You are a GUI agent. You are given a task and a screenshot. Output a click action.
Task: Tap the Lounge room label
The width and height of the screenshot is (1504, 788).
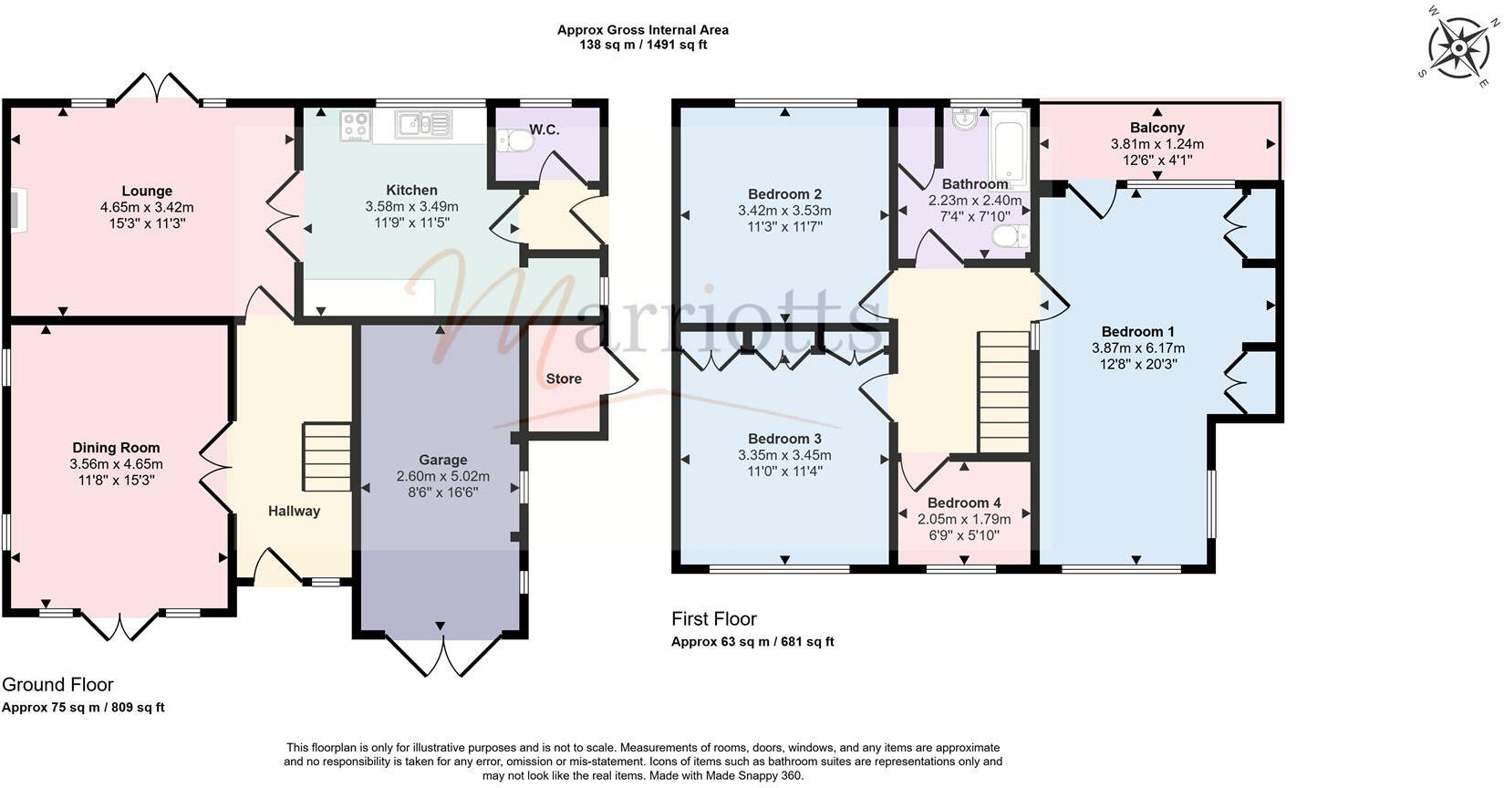tap(147, 192)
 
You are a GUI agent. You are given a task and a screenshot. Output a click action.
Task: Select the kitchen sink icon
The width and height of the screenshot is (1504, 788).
tap(423, 125)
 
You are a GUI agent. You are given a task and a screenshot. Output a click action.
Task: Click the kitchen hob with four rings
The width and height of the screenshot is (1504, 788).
tap(356, 126)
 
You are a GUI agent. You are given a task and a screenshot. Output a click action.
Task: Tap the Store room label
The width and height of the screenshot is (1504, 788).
tap(564, 378)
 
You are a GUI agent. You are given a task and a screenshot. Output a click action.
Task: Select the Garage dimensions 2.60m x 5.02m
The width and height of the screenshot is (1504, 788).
tap(443, 476)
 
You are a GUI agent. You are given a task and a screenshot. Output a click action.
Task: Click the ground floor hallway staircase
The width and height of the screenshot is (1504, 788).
tap(327, 458)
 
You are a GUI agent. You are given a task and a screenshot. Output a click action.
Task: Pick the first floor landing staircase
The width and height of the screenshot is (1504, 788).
tap(1004, 392)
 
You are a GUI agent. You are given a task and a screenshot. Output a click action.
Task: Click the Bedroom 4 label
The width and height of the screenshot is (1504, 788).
tap(964, 503)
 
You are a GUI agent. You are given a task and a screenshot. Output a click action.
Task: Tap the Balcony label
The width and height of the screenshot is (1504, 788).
tap(1157, 128)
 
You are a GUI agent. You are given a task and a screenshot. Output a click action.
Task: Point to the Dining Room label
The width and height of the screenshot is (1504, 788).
tap(116, 448)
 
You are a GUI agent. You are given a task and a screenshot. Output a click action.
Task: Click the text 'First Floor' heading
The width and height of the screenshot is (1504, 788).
tap(714, 619)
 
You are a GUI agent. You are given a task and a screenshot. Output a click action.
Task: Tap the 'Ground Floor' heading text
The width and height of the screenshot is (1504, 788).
tap(57, 685)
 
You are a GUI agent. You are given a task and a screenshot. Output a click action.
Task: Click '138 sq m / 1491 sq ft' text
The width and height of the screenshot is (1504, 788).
tap(643, 45)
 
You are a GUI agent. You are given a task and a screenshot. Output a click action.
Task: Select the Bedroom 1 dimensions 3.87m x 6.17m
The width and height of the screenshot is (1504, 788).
tap(1138, 347)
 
